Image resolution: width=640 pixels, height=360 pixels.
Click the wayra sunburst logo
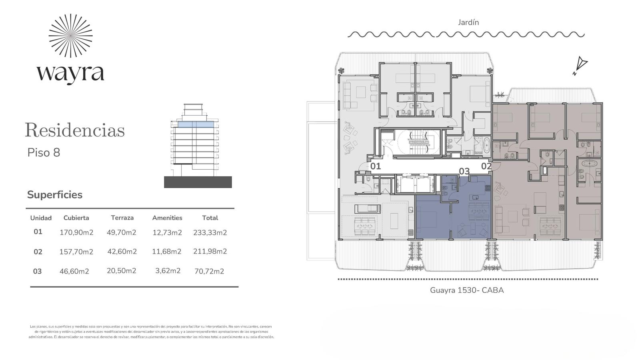point(70,36)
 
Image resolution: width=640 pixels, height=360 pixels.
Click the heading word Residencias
point(75,130)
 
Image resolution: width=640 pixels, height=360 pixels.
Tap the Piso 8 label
point(44,152)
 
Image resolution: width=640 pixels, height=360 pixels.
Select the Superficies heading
point(55,194)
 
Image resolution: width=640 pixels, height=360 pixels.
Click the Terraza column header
point(122,218)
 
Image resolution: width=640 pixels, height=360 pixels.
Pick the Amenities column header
point(167,218)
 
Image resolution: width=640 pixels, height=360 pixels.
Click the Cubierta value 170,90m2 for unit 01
point(76,232)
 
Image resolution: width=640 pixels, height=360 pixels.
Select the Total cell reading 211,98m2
point(210,251)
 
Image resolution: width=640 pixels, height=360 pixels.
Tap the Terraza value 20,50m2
point(122,270)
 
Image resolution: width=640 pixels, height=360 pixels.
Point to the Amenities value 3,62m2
point(168,270)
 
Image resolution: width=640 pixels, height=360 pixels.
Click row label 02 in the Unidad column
point(38,252)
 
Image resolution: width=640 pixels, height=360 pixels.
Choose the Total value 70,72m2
point(209,271)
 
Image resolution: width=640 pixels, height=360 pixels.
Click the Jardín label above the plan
point(468,22)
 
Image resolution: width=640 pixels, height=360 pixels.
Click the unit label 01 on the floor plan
point(376,166)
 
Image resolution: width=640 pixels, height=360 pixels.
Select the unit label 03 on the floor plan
point(464,171)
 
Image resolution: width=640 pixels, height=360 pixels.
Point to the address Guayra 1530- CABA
point(467,290)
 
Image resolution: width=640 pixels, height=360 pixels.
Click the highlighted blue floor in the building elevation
point(196,124)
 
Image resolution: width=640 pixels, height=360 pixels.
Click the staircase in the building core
point(418,142)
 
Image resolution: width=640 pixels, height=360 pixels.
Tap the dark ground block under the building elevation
point(198,182)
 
